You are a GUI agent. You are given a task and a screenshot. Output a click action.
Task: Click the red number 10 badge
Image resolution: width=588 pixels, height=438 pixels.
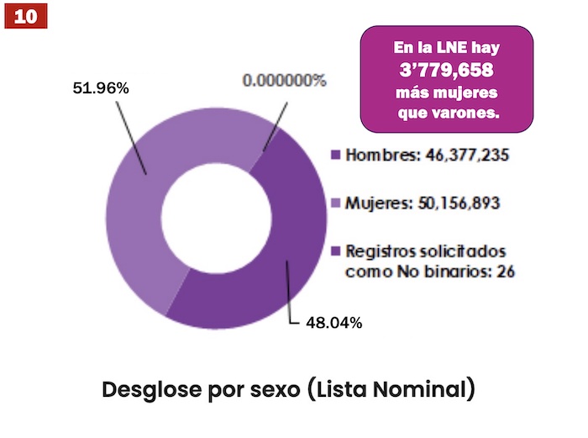click(x=25, y=16)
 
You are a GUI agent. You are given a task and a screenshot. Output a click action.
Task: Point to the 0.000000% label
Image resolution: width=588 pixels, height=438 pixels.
click(x=284, y=82)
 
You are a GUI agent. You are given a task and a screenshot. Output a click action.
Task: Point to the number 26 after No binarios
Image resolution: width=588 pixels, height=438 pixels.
click(x=505, y=272)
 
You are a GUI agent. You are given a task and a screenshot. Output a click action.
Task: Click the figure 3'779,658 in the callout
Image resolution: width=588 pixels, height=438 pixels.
click(x=446, y=70)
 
